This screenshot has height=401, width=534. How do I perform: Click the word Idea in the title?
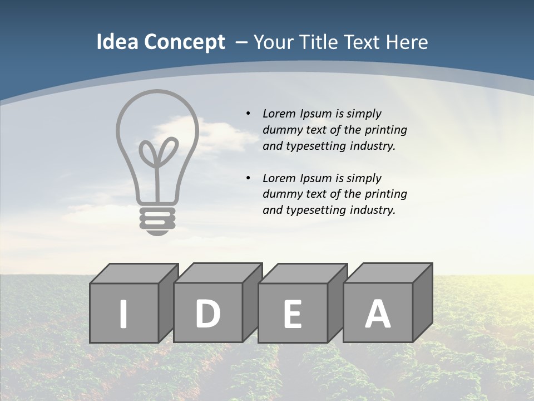point(117,42)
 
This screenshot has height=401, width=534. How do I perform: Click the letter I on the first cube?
point(123,314)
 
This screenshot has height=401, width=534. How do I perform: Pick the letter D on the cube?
point(207,313)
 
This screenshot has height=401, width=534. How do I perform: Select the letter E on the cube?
point(293,314)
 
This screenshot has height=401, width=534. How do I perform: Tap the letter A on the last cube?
point(377,314)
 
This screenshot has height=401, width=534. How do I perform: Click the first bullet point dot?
point(248,114)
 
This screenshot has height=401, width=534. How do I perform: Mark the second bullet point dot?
point(248,178)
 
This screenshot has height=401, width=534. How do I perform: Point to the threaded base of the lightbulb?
point(157,218)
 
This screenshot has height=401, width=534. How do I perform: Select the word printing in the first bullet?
point(386,130)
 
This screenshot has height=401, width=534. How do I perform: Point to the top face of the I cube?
point(134,273)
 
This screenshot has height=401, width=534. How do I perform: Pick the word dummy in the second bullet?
point(281,194)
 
